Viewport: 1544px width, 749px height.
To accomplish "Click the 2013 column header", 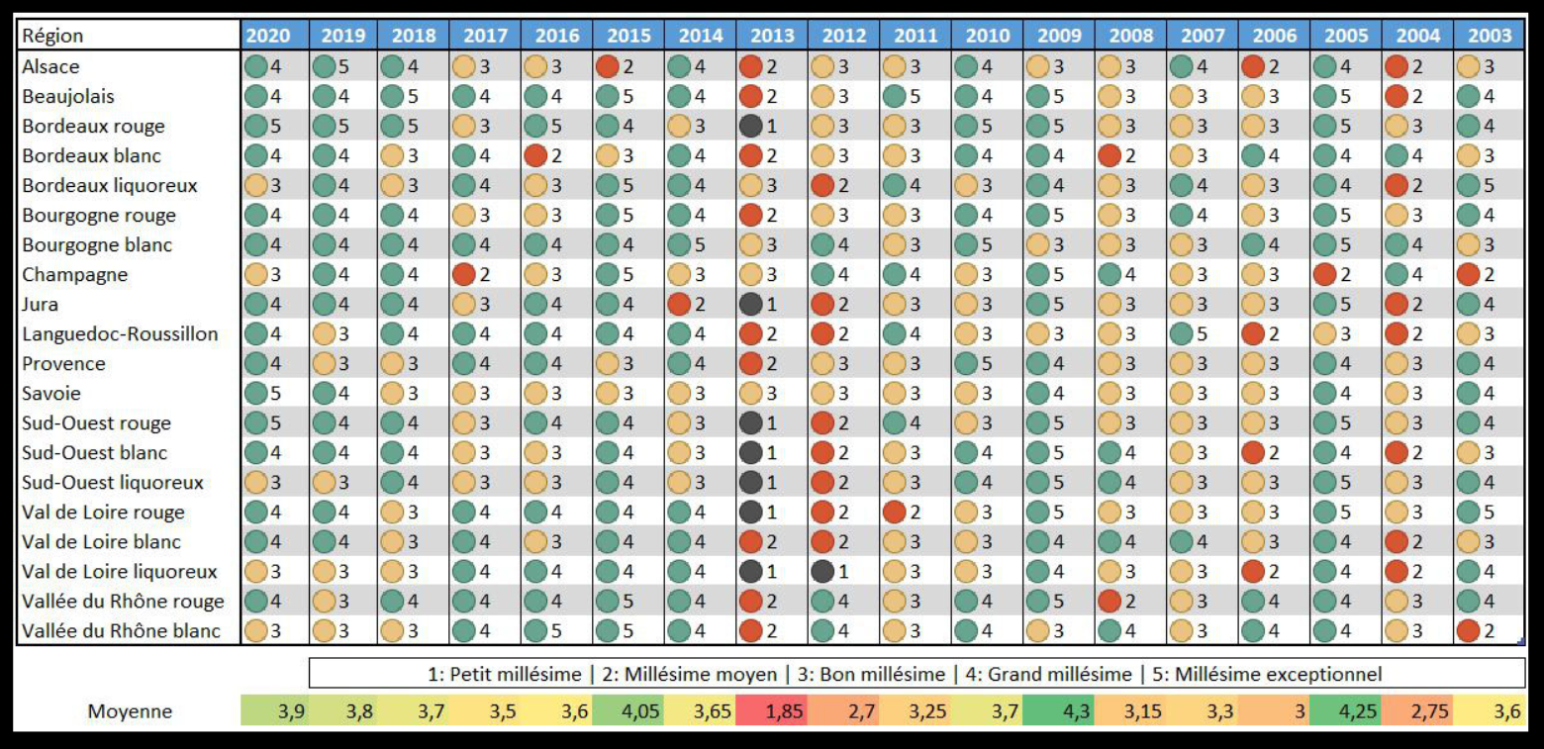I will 772,36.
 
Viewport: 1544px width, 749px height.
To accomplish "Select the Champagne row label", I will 75,274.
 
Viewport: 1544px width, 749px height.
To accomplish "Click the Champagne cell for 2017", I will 485,274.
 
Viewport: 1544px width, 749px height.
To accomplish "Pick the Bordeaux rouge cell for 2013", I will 772,126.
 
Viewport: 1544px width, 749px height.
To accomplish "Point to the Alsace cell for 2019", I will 342,66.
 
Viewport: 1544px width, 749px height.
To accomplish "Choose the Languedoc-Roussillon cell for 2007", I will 1202,333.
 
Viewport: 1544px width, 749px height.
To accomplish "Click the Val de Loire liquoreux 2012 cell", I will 843,571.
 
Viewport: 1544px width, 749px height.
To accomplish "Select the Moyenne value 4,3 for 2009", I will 1059,711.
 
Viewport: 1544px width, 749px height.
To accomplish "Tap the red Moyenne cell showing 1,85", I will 772,711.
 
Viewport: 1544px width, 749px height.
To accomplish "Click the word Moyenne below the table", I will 130,711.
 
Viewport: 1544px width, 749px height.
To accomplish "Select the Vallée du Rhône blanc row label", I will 121,630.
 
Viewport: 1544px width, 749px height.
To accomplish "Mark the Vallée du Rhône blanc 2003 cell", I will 1489,630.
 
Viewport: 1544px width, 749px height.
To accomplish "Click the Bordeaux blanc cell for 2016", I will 557,155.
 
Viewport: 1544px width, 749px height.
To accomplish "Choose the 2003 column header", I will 1489,36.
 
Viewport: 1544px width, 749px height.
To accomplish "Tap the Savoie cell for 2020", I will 270,393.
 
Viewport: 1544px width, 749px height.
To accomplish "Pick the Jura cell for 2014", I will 700,304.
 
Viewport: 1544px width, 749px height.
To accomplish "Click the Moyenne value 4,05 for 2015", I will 628,711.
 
